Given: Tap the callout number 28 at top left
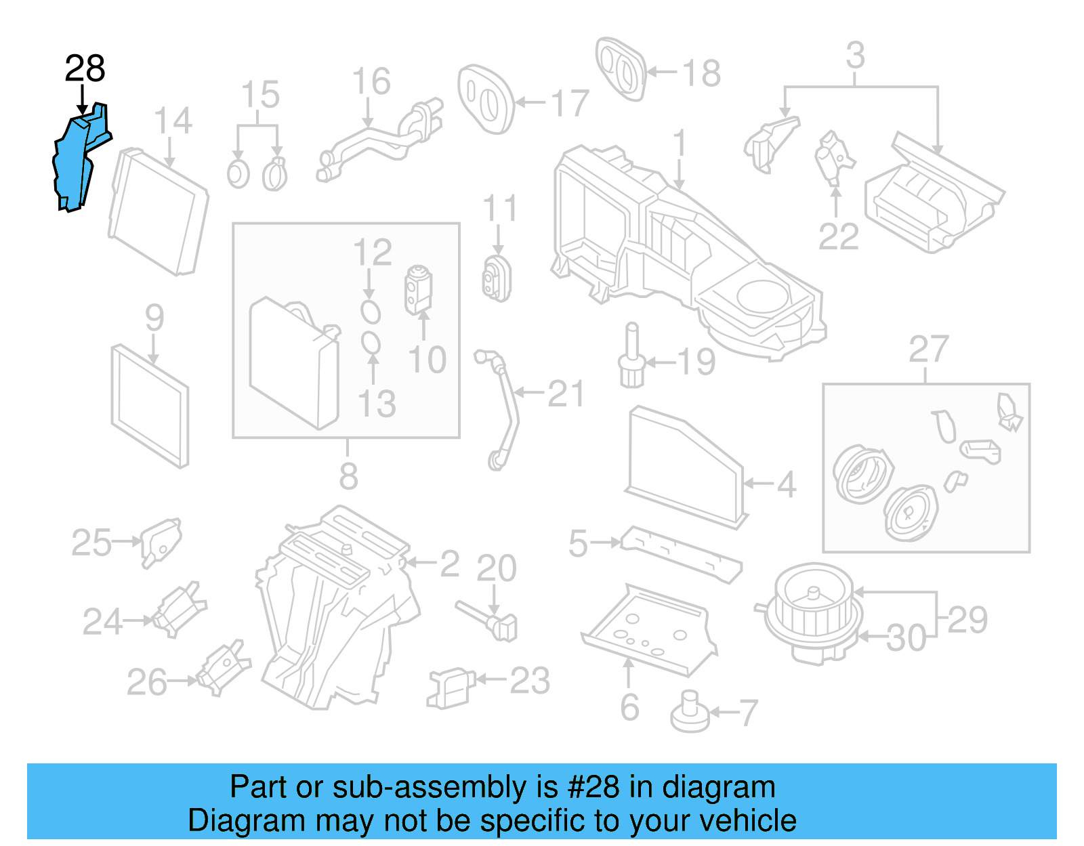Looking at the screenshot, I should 85,68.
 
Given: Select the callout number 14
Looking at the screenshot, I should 173,121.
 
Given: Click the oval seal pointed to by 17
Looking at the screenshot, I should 485,100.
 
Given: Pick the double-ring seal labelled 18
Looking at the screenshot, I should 620,68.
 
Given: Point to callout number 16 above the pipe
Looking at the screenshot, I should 371,81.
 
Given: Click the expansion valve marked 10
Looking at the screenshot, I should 418,290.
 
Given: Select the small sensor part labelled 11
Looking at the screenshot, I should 497,278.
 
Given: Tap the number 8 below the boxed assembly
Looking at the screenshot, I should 348,475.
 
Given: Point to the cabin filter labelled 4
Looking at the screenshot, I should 684,467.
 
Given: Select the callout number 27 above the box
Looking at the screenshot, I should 928,350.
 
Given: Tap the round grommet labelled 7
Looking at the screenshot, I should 690,714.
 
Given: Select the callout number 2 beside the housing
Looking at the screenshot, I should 450,564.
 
